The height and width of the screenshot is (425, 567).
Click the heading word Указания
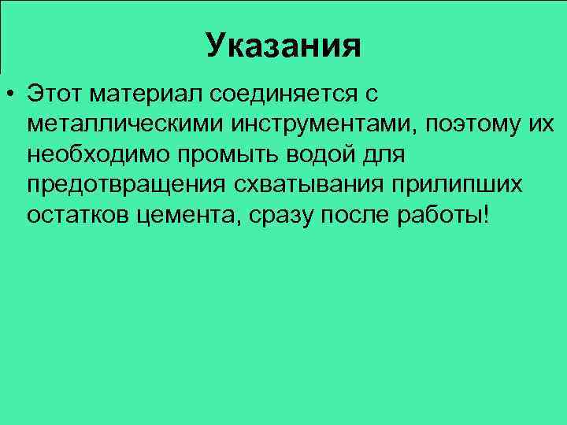[x=283, y=46]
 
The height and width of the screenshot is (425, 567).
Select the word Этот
[x=54, y=94]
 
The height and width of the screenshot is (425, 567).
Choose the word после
[x=349, y=216]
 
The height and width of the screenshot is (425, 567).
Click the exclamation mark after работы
[x=484, y=215]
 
